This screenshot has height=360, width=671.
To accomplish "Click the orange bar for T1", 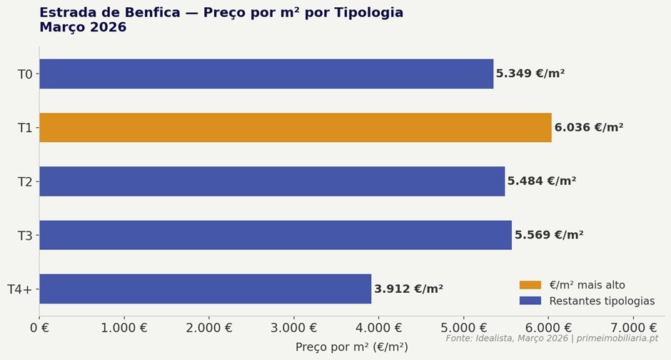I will (295, 128).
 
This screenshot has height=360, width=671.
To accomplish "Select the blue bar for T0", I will (266, 74).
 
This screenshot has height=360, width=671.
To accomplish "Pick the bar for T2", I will (272, 181).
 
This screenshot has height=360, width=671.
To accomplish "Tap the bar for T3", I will (276, 235).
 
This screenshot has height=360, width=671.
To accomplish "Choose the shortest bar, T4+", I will (205, 289).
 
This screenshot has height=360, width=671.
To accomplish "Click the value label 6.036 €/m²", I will (589, 128).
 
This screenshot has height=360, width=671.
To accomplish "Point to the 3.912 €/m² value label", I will (408, 289).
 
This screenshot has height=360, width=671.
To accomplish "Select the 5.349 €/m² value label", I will (530, 74).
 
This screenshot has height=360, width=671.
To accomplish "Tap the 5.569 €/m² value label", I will (549, 235).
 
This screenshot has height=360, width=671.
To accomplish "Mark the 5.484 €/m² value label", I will (542, 181).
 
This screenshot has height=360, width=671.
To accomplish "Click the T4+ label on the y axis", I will (20, 289).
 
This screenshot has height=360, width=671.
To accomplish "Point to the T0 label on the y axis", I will (25, 74).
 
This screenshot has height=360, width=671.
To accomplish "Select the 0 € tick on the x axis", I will (39, 329).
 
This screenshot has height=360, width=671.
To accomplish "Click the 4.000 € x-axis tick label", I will (378, 329).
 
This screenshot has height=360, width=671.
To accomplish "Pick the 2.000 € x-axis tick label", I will (208, 329).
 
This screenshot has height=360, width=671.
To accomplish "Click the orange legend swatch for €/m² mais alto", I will (530, 285).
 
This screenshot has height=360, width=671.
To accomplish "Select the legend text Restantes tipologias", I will (602, 301).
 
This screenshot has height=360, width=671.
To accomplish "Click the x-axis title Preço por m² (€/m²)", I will (352, 347).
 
